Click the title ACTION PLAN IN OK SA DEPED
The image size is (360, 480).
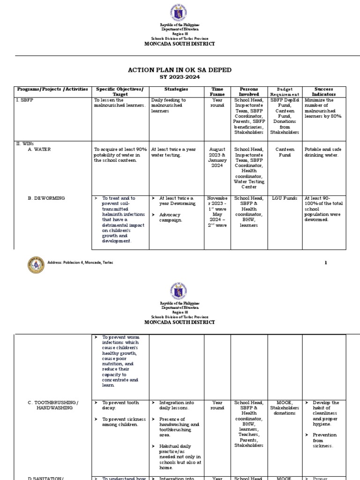pos(180,70)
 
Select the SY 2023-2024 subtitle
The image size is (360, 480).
pos(180,77)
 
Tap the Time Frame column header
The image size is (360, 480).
pos(217,91)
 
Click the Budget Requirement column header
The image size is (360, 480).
pos(285,91)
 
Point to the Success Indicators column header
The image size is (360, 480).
pos(324,91)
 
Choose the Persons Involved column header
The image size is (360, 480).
pos(249,91)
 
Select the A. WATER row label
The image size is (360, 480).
pos(39,150)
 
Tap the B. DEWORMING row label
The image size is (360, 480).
pos(46,198)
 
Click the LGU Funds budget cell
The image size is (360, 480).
pos(285,198)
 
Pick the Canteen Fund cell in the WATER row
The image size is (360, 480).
pos(285,152)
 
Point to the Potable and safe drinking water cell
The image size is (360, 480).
pos(323,152)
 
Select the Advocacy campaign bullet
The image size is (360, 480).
pos(169,217)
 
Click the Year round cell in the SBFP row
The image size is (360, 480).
pos(217,103)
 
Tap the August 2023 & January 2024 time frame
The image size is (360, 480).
pos(217,157)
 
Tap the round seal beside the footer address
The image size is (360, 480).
pos(36,266)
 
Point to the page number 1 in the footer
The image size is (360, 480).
pos(326,262)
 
